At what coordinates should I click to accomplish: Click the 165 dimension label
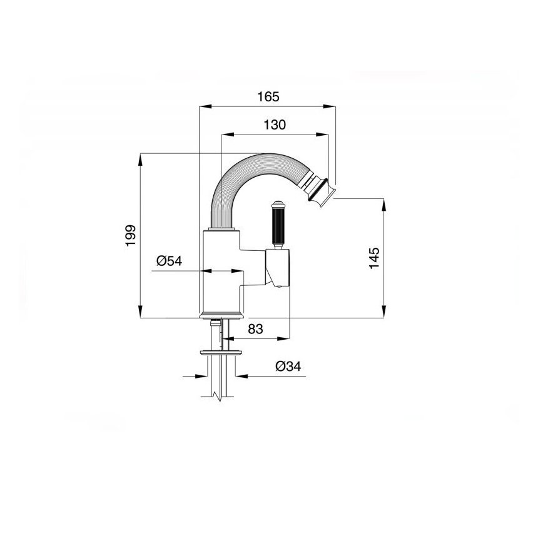[268, 97]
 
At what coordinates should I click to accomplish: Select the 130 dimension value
[275, 125]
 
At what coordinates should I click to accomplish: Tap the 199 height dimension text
[131, 235]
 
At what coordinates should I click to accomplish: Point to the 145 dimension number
[374, 258]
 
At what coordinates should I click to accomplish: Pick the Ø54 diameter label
[169, 261]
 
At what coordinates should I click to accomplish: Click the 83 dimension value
[255, 329]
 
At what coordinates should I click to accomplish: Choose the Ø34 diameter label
[288, 367]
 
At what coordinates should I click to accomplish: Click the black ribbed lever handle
[278, 226]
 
